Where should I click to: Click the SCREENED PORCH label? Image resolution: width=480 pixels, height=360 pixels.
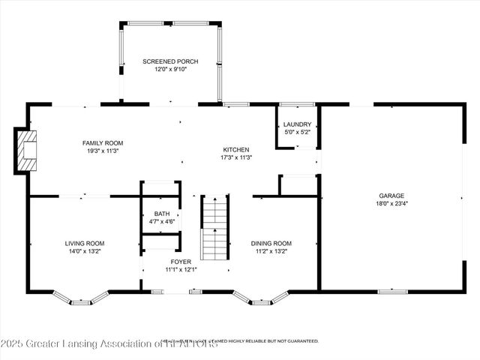click(x=169, y=61)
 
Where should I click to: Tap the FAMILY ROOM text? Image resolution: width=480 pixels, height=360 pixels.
click(x=103, y=142)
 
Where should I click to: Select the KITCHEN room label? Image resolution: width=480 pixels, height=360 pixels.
click(x=235, y=149)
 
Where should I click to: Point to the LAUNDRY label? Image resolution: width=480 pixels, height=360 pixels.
click(x=297, y=124)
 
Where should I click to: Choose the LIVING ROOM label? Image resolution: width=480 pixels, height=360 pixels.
click(x=84, y=243)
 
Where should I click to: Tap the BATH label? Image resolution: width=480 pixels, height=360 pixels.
click(x=162, y=214)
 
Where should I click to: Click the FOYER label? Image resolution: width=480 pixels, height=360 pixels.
click(x=181, y=262)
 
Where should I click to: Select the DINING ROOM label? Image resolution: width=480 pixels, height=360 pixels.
click(x=271, y=243)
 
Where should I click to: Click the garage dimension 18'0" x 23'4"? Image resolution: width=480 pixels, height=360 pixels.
click(x=391, y=202)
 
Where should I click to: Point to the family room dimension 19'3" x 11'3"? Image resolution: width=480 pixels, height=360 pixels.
click(x=103, y=151)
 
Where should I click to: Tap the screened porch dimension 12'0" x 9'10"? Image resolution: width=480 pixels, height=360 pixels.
click(x=169, y=69)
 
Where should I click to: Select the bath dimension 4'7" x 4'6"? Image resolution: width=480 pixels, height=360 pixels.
click(x=162, y=222)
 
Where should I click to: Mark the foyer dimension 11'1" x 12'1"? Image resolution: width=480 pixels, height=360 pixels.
click(x=181, y=270)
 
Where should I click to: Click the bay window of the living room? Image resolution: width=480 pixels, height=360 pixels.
click(x=81, y=298)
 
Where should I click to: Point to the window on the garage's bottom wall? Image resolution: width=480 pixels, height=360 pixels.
click(x=392, y=291)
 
